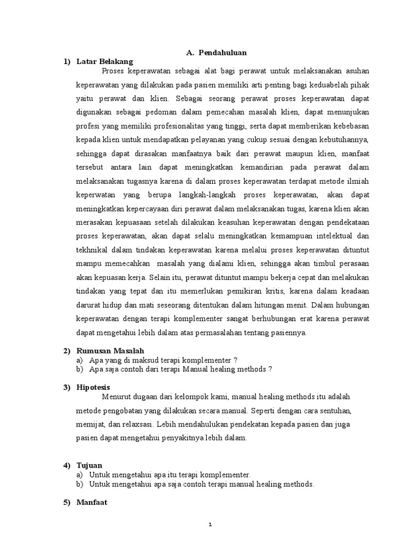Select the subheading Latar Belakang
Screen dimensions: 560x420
click(x=105, y=62)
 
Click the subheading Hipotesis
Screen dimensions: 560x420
click(x=94, y=387)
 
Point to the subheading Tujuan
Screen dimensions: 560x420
click(x=89, y=465)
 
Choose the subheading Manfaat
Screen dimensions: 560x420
click(x=92, y=501)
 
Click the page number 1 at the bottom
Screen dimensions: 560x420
click(x=210, y=525)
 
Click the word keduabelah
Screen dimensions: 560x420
click(x=319, y=85)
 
